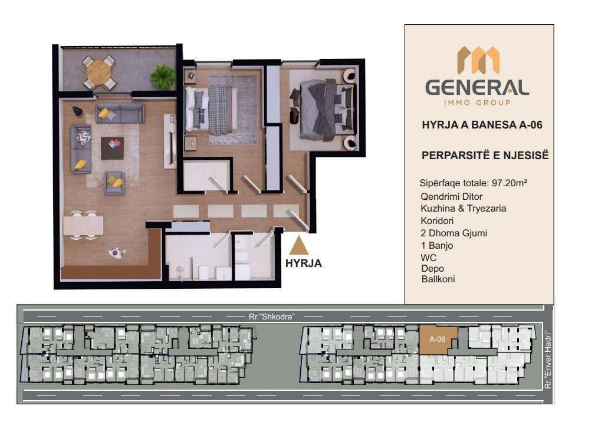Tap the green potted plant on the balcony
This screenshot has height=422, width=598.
coord(163,76)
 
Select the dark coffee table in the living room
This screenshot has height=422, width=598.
coord(112,148)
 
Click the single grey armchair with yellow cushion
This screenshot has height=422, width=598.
coord(115,183)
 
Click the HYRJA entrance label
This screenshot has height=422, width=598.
coord(304,263)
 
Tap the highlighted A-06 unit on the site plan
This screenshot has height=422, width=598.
coord(438,339)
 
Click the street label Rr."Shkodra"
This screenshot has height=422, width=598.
coord(271,316)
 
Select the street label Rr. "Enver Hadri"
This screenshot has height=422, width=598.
coord(548,361)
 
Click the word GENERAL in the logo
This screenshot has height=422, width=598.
coord(477,88)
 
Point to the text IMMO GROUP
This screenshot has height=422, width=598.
coord(477,102)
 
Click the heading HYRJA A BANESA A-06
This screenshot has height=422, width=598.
coord(482,125)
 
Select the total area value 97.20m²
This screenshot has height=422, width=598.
coord(510,183)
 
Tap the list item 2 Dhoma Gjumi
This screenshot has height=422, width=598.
coord(454,233)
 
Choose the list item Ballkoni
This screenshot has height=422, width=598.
coord(438,279)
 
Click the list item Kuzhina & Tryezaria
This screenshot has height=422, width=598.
coord(464,209)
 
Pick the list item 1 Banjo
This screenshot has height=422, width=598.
coord(437,246)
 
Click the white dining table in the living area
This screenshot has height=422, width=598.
coord(83,225)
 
